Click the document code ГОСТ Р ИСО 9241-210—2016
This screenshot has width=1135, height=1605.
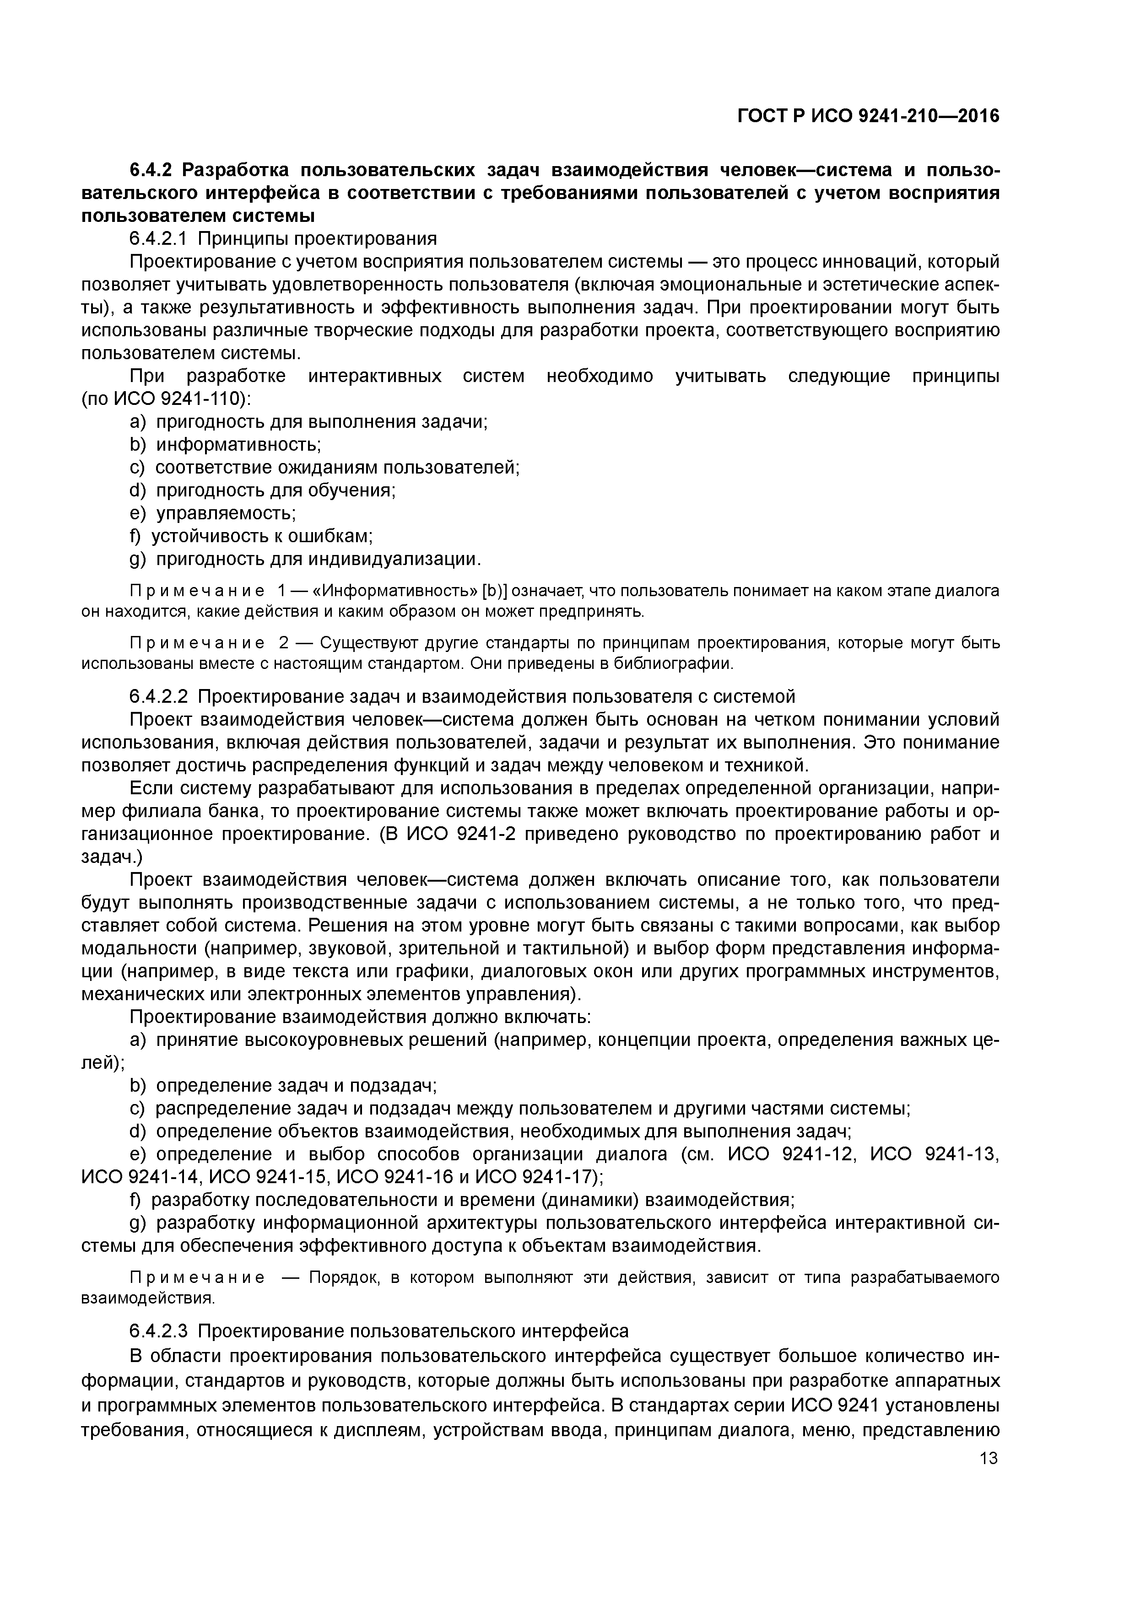tap(869, 116)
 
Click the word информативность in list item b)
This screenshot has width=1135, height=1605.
tap(238, 445)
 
